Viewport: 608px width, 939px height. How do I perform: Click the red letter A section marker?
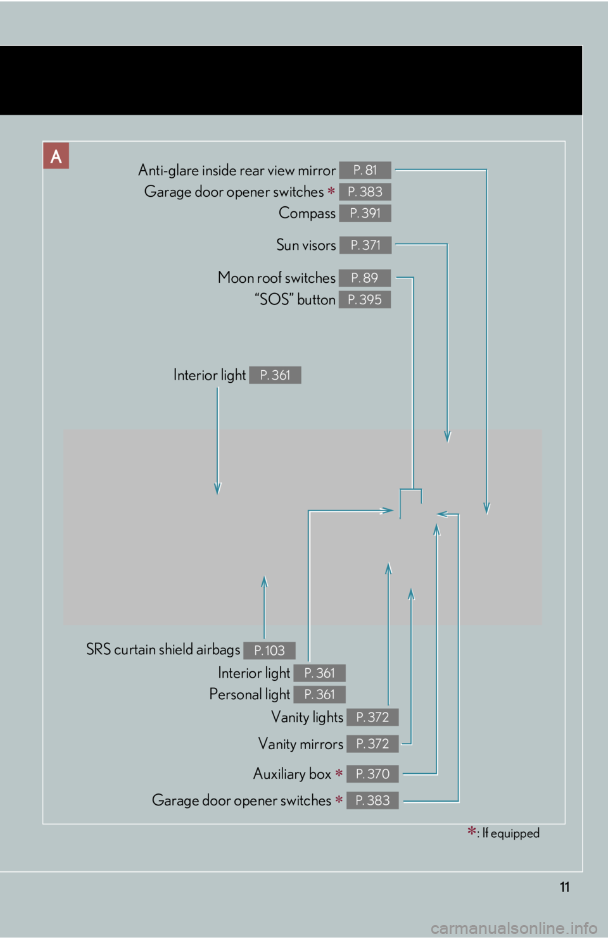click(x=56, y=156)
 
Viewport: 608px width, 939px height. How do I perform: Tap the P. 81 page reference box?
click(x=365, y=170)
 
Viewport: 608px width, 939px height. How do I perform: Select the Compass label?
click(x=307, y=213)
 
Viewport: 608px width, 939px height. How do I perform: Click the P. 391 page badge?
click(x=365, y=213)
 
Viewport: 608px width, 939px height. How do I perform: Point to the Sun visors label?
click(x=306, y=245)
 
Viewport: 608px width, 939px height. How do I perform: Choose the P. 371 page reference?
click(x=365, y=245)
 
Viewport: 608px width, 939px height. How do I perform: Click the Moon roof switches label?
click(x=277, y=278)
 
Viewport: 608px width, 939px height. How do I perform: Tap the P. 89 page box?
click(x=365, y=278)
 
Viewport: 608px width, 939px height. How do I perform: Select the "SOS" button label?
click(x=295, y=299)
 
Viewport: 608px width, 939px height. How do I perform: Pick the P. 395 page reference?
click(x=365, y=299)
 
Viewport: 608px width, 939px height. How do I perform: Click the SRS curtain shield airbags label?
click(x=163, y=650)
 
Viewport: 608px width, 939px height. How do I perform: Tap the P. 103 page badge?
click(x=269, y=650)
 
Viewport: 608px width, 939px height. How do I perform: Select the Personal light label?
click(x=250, y=695)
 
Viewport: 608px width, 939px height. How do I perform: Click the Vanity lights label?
click(x=307, y=718)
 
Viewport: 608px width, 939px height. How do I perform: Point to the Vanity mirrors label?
click(x=301, y=744)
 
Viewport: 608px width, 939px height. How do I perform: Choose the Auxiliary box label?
click(x=293, y=774)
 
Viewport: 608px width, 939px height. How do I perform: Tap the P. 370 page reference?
click(x=372, y=774)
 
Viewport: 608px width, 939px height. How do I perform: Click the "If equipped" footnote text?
click(x=510, y=833)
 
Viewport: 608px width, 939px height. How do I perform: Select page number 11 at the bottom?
click(x=565, y=887)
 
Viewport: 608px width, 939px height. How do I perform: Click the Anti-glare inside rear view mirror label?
click(x=237, y=170)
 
